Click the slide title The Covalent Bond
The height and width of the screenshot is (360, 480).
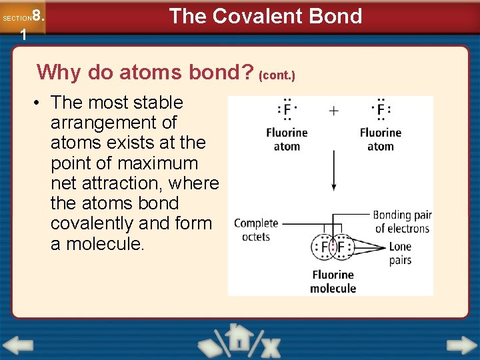tap(265, 16)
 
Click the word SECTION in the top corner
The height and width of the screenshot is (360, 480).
tap(16, 19)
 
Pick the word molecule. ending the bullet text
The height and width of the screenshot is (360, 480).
tap(97, 244)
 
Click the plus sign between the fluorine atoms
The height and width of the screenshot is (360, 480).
tap(333, 111)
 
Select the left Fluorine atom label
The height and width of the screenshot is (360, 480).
tap(287, 139)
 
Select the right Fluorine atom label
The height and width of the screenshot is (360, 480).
tap(380, 139)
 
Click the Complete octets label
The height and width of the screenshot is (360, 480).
tap(256, 230)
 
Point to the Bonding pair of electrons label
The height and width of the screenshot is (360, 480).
tap(402, 222)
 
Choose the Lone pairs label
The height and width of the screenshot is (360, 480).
tap(400, 253)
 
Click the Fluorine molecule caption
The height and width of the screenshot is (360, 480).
tap(333, 281)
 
